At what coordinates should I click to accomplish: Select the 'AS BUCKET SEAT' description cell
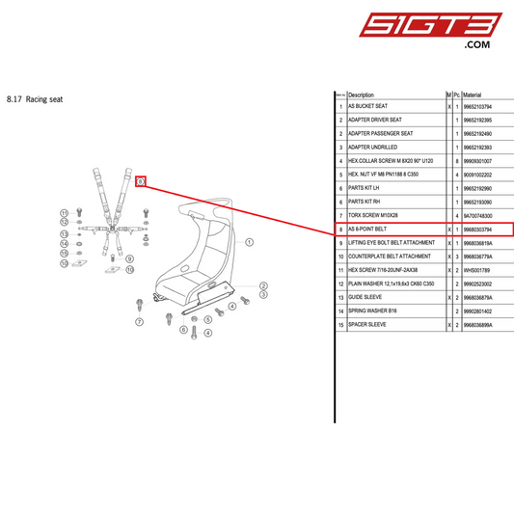(367, 106)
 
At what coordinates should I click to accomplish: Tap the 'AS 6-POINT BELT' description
(366, 230)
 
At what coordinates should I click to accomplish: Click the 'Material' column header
(473, 95)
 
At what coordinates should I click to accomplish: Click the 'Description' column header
(361, 95)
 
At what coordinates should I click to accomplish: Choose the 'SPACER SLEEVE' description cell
(367, 325)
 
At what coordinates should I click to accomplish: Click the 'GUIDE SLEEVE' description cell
(365, 298)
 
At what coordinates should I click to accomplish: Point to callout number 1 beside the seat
(249, 243)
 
